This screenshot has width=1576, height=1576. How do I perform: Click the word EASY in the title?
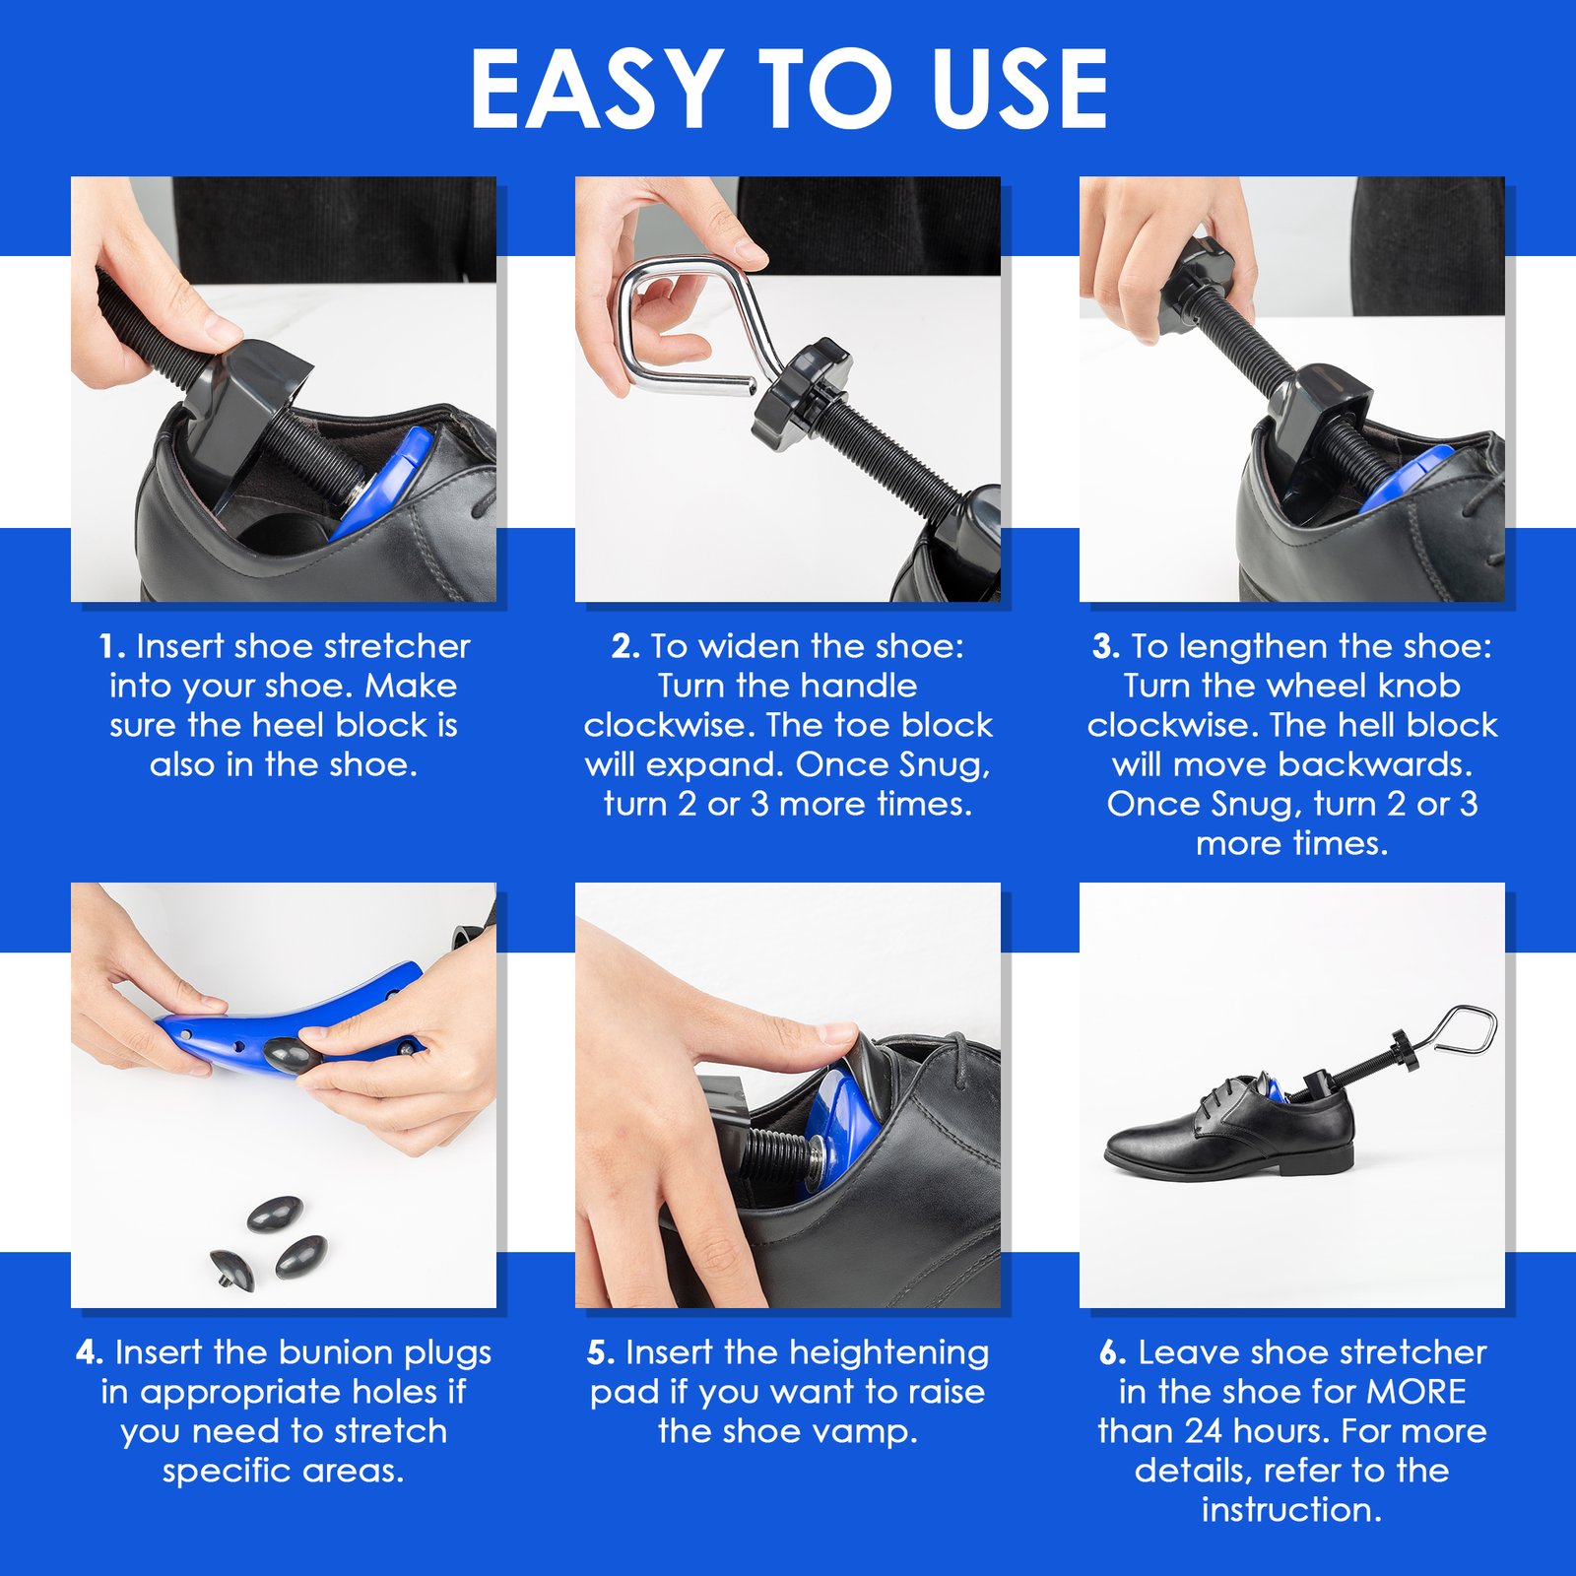pos(596,91)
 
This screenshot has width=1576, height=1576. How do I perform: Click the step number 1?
pos(111,647)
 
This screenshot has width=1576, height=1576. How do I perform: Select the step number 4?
pos(89,1353)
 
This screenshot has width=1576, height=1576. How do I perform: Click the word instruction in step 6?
pos(1290,1510)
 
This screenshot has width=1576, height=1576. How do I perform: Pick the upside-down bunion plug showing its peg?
pos(233,1269)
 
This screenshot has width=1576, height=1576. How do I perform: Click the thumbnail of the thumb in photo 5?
pos(837,1033)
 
